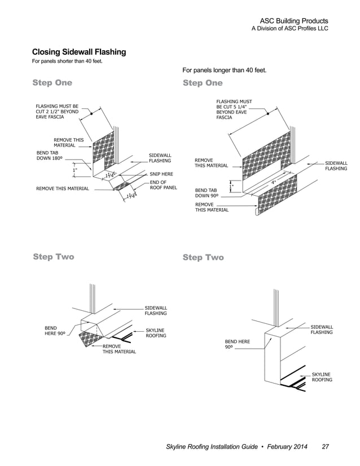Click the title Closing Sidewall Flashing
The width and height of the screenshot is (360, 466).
pos(79,52)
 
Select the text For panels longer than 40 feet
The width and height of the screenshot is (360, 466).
pos(224,71)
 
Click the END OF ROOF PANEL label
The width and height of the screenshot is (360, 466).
pos(163,185)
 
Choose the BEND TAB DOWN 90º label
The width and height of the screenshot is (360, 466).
pos(207,193)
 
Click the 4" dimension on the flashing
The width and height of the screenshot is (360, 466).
pos(273,182)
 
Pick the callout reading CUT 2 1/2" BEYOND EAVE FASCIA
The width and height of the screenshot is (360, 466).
pos(57,111)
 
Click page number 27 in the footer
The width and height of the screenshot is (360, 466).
pos(325,447)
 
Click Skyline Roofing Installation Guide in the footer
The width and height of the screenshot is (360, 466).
pos(209,447)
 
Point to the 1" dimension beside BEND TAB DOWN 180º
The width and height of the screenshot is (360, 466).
pos(74,170)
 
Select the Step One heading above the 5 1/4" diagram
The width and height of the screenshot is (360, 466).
pos(203,83)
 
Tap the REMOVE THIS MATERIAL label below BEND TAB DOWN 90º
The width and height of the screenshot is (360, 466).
pos(212,206)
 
